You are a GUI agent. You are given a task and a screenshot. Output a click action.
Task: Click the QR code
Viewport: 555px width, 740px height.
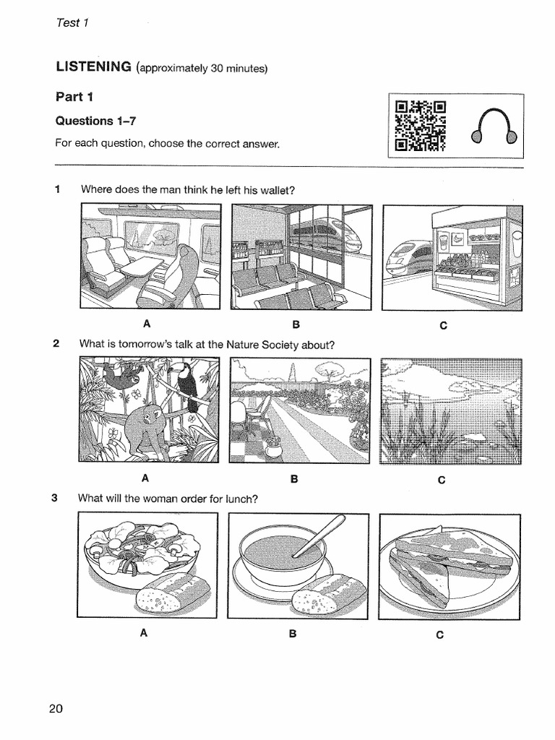point(420,127)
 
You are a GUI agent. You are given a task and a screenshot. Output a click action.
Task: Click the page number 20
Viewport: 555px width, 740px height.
point(56,708)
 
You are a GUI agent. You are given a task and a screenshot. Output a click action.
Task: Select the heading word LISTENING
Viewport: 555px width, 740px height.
point(93,67)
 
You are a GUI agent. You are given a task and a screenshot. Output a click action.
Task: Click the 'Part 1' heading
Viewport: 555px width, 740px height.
point(75,96)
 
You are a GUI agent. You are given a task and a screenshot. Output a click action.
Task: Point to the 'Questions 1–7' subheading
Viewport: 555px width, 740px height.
point(95,121)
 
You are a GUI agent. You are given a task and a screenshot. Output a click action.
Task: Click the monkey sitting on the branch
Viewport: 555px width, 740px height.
point(147,426)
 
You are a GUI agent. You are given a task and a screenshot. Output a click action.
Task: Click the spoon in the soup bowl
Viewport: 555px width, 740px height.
point(319,535)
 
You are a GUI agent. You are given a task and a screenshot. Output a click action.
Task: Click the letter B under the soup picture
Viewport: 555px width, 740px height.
point(293,634)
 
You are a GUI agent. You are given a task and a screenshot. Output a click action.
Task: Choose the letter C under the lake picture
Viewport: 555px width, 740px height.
point(442,480)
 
